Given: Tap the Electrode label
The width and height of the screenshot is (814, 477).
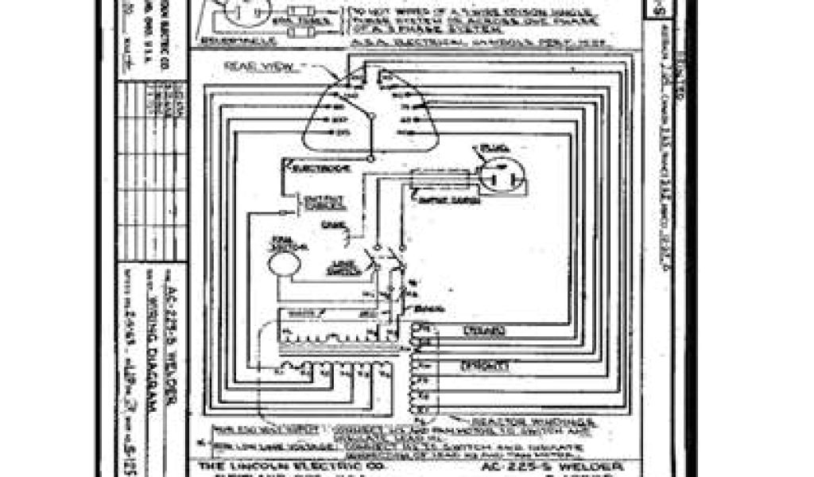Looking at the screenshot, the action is [305, 169].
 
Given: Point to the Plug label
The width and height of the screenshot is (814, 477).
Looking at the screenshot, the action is [484, 149].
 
